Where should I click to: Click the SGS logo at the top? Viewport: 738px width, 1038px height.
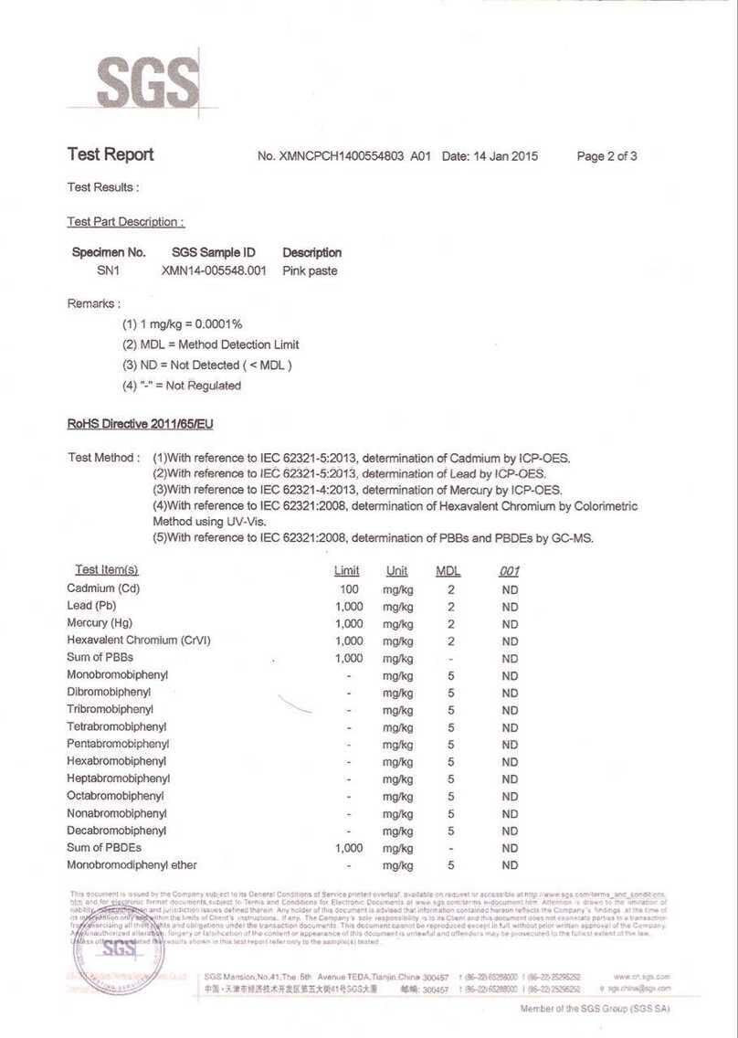click(147, 82)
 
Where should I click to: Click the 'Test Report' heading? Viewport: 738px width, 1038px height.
click(111, 154)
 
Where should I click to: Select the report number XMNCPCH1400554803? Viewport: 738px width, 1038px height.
click(342, 156)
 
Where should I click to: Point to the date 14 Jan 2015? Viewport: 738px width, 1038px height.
click(505, 156)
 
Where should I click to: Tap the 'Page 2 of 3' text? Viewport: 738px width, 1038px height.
click(606, 156)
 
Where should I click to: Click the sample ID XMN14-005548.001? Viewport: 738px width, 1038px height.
click(214, 271)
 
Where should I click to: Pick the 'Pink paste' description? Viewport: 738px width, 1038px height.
click(310, 271)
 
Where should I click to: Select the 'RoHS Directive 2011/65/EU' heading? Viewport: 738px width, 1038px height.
click(140, 424)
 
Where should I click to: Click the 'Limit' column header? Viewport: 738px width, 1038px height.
click(347, 571)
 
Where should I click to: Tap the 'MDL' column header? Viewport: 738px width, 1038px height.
click(448, 571)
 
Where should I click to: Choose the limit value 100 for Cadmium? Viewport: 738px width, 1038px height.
click(349, 589)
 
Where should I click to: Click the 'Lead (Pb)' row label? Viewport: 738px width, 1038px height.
click(91, 606)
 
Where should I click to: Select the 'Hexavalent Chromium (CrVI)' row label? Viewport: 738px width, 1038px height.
click(139, 641)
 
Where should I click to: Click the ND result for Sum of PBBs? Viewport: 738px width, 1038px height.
click(510, 658)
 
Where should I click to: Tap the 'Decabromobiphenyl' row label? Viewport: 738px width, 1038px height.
click(116, 831)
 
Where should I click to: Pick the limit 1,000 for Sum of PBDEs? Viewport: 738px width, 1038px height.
click(349, 848)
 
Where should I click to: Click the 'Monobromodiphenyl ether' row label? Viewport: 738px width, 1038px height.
click(132, 865)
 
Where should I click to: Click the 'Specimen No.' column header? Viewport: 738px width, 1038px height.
click(109, 252)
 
